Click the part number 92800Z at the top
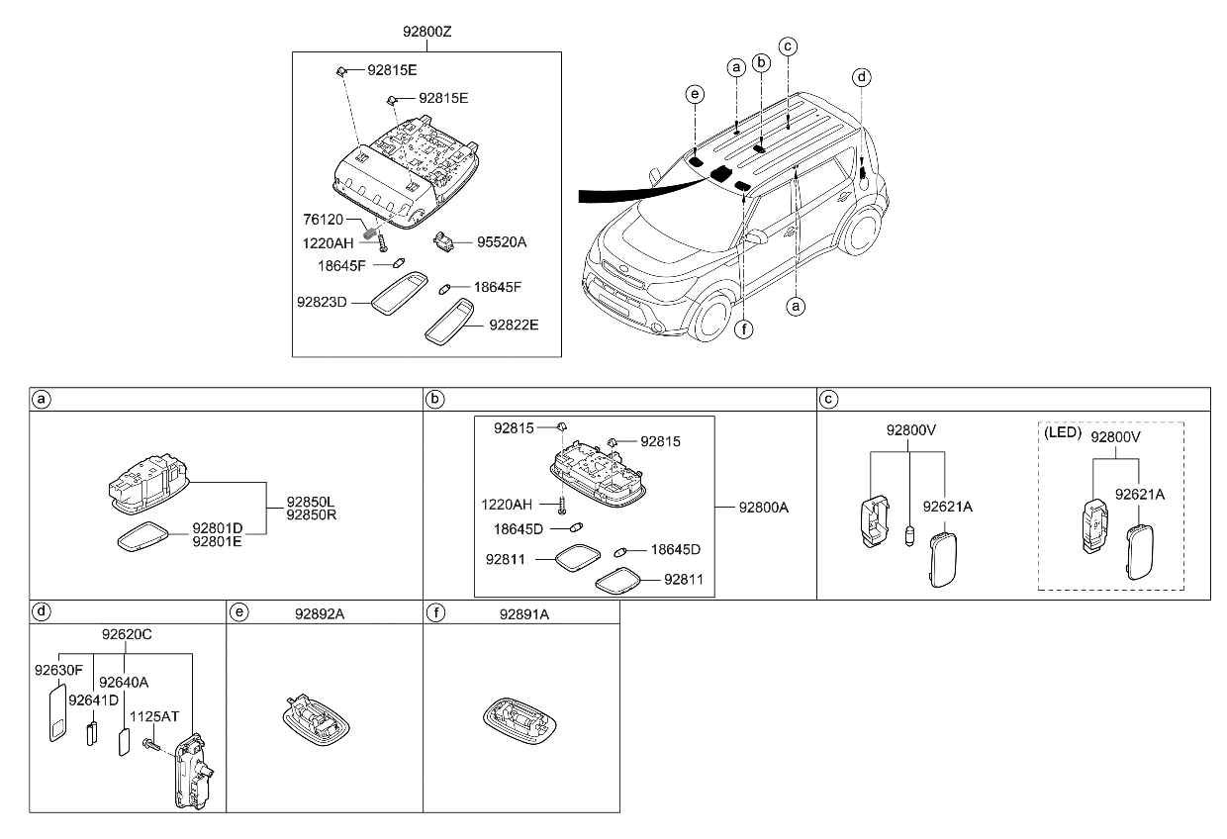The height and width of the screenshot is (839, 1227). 426,32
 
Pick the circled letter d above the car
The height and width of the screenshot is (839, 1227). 862,76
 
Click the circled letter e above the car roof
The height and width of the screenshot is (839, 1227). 696,94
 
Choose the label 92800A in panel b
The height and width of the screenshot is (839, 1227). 764,508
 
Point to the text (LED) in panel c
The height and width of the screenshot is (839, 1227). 1062,433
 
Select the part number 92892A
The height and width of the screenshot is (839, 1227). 319,614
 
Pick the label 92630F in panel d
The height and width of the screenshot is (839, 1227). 58,670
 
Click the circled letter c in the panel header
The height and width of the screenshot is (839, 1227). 830,399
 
